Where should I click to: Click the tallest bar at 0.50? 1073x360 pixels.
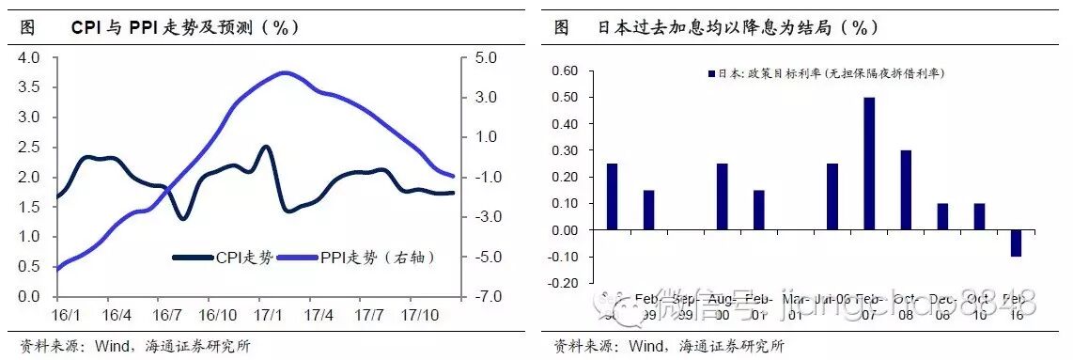(x=869, y=164)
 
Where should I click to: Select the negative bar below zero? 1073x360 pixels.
(x=1016, y=243)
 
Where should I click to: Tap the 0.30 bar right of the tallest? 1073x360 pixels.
(x=906, y=190)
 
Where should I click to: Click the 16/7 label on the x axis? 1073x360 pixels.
(x=166, y=313)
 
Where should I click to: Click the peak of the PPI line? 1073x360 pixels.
(x=285, y=72)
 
